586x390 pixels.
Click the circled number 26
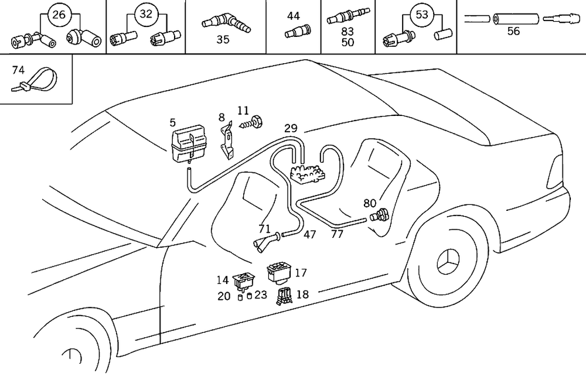(59, 15)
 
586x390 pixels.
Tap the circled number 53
(422, 15)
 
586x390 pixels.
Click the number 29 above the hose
(291, 128)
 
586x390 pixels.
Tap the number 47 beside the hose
(310, 235)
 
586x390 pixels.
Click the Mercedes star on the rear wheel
(449, 262)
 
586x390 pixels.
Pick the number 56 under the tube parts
(513, 32)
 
